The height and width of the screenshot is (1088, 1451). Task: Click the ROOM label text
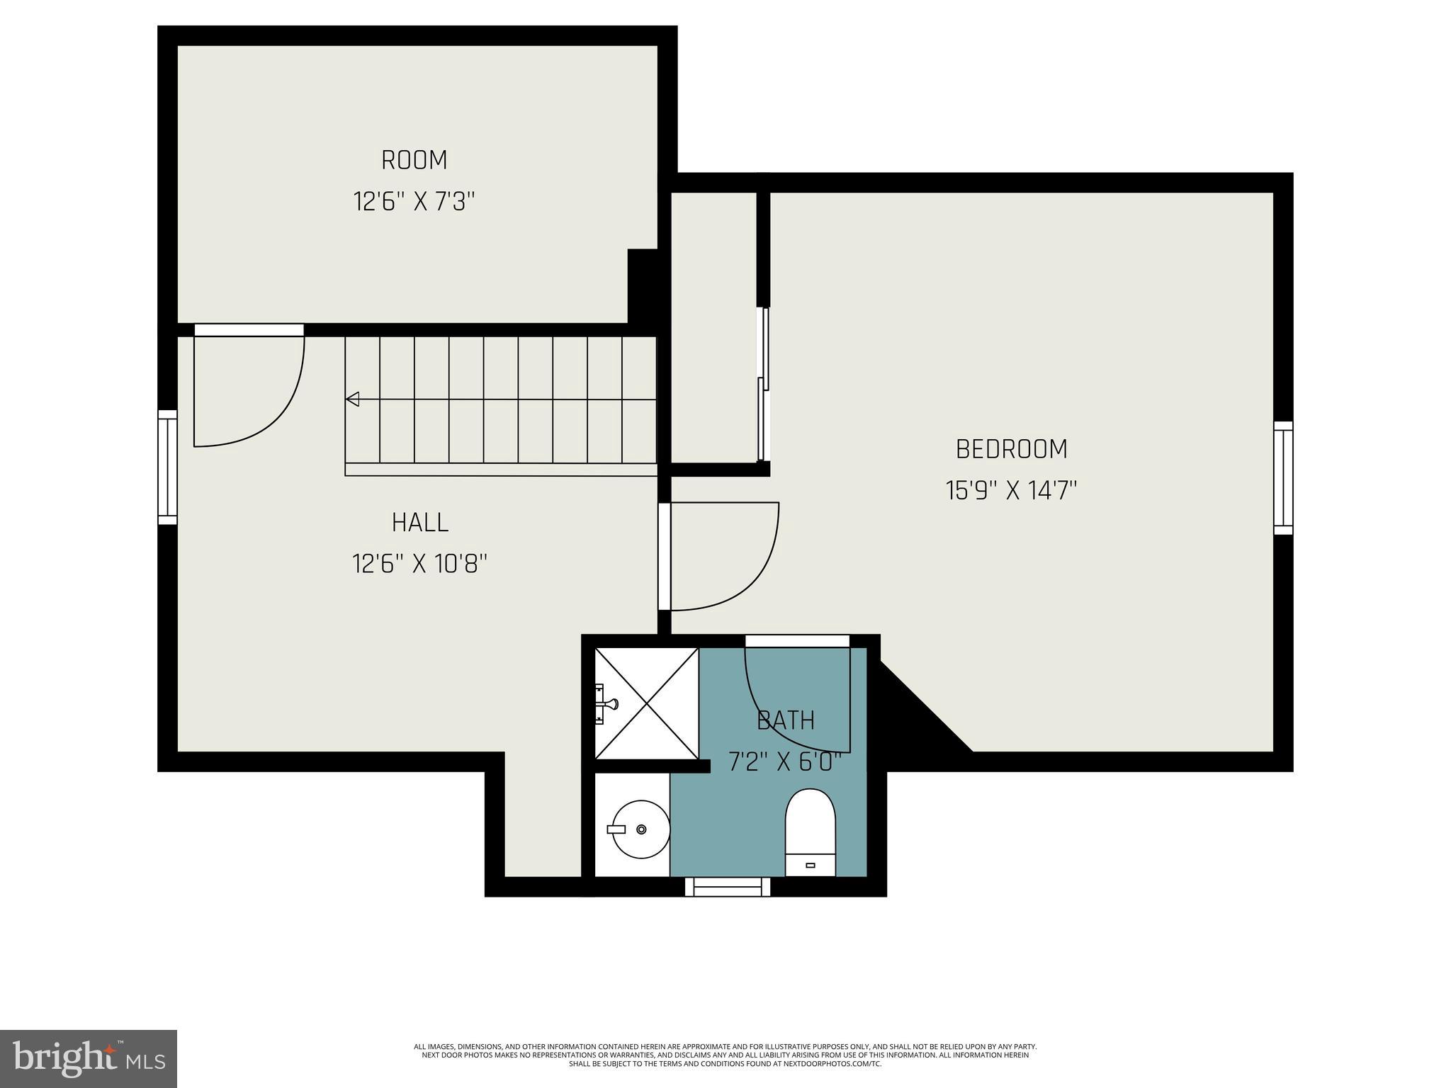point(414,160)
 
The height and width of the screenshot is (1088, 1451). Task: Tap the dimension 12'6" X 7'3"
point(414,203)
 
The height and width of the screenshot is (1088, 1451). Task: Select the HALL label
point(420,523)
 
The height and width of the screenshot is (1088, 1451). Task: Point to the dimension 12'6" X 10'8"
point(420,565)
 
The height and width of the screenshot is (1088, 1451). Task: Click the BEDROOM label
point(1011,449)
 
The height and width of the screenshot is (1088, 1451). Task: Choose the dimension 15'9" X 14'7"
point(1011,491)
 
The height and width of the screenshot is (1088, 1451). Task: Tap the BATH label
point(785,720)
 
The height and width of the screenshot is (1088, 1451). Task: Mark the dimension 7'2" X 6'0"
point(785,762)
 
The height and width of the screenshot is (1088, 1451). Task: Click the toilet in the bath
point(810,833)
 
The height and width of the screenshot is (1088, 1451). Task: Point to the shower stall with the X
point(646,703)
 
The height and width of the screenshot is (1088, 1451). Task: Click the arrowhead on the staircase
point(352,399)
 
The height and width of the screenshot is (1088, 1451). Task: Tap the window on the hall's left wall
point(167,467)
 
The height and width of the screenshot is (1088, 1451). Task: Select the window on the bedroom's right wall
point(1283,478)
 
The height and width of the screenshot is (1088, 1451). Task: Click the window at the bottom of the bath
point(727,887)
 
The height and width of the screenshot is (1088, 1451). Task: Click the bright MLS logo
point(89,1059)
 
